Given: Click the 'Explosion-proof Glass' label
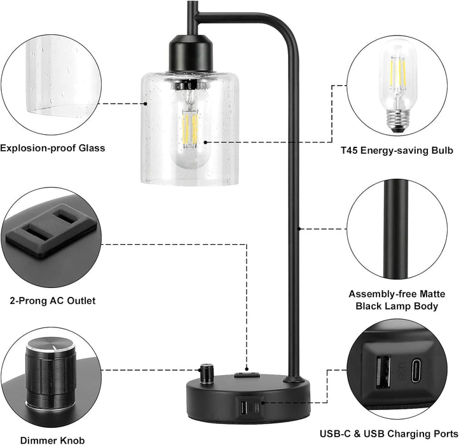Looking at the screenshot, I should pyautogui.click(x=53, y=148).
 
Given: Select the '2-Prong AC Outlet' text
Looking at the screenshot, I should pyautogui.click(x=49, y=300).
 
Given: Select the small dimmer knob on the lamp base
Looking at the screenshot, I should pyautogui.click(x=206, y=371).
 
